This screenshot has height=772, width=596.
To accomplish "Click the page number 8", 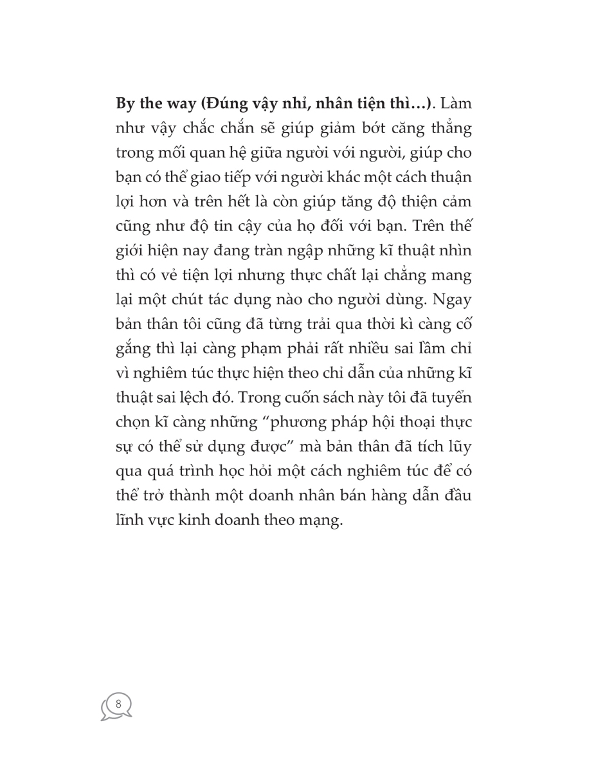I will pyautogui.click(x=118, y=703).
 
